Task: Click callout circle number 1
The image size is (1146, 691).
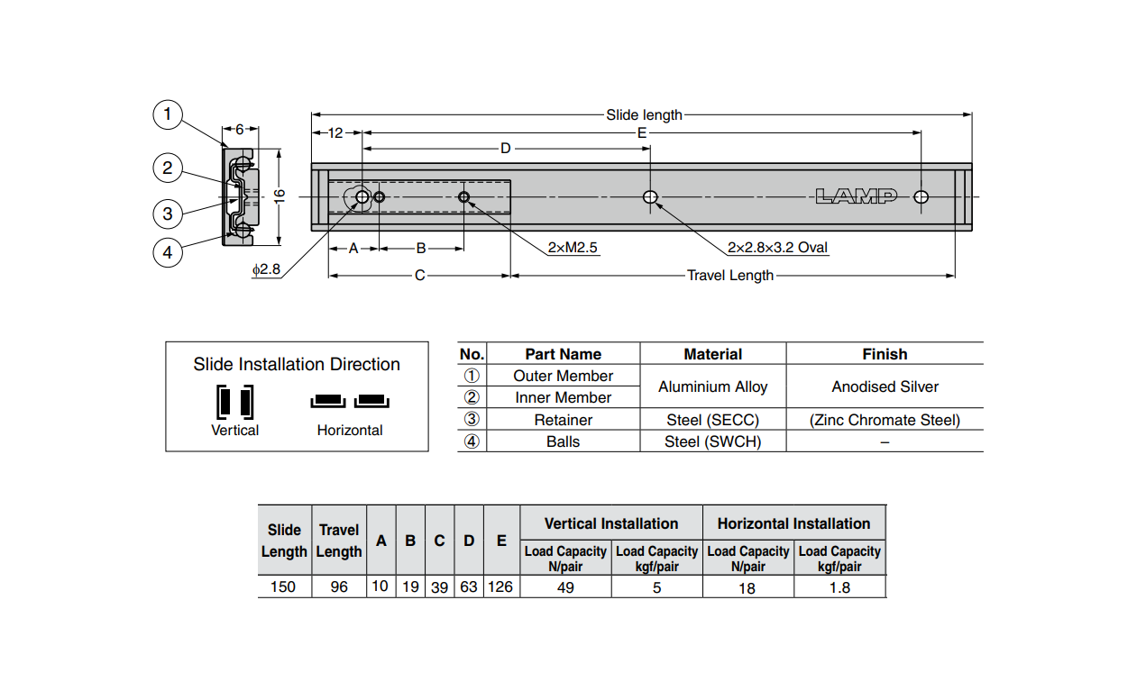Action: tap(168, 115)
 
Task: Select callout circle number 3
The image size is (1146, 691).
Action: tap(168, 214)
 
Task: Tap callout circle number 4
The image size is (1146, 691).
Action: tap(168, 252)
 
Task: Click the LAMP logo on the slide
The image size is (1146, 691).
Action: tap(856, 196)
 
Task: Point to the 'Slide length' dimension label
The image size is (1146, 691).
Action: tap(644, 115)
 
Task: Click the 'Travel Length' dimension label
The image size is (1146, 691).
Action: tap(730, 275)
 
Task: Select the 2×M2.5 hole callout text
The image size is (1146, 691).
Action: tap(573, 248)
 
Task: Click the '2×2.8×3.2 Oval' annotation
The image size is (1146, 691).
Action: tap(777, 248)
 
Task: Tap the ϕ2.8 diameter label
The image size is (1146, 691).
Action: tap(266, 269)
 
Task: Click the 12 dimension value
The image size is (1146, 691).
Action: tap(335, 133)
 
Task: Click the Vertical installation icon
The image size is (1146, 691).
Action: tap(234, 401)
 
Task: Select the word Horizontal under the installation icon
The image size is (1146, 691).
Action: tap(350, 431)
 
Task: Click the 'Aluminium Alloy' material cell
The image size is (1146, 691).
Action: tap(712, 386)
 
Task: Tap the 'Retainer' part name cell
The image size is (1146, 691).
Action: tap(564, 420)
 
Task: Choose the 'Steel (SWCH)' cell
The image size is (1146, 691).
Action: tap(712, 441)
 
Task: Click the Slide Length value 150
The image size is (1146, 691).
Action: tap(284, 587)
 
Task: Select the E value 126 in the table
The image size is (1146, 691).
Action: tap(500, 587)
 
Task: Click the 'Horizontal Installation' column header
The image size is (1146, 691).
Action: tap(793, 523)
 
